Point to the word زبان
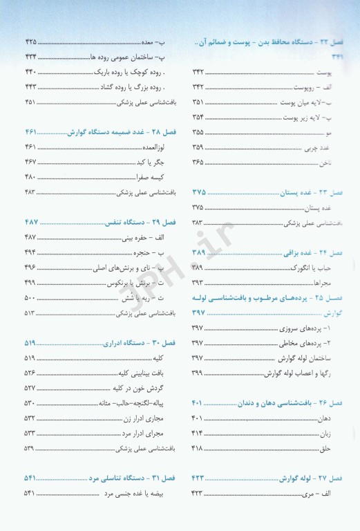coord(338,433)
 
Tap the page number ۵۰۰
coord(30,297)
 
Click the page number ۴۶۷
coord(30,161)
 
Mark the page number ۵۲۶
coord(30,373)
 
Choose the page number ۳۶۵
coord(198,162)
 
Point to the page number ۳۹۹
coord(197,373)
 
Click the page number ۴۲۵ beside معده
coord(30,42)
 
